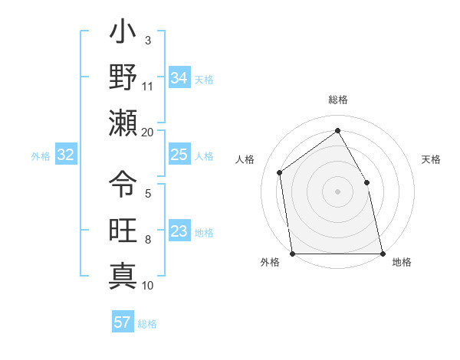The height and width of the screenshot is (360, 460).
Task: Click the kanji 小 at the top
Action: pos(123,35)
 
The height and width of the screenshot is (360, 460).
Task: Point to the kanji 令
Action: pos(123,184)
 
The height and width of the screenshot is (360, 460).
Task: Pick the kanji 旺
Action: pos(123,229)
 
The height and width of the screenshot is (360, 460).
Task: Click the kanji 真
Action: pos(123,274)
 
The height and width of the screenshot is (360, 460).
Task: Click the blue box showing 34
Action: pos(179,77)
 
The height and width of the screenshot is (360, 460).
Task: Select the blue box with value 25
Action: pos(179,155)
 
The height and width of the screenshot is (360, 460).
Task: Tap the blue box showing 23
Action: pos(179,231)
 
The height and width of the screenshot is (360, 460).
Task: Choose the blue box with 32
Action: pos(66,155)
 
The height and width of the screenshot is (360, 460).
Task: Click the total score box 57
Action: pos(123,322)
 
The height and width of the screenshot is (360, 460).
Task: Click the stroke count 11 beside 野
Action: pos(148,86)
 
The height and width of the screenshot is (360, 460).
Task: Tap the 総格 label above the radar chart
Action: pos(338,100)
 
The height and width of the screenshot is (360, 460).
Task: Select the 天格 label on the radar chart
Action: pos(432,159)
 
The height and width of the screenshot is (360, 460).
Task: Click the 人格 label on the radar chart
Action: pos(245,159)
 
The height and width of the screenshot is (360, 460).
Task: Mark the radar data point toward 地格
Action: pos(382,254)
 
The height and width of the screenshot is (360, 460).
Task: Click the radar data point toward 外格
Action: pos(292,254)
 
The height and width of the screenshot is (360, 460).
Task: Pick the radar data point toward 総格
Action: pos(337,131)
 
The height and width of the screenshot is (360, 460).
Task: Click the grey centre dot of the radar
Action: pos(337,191)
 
